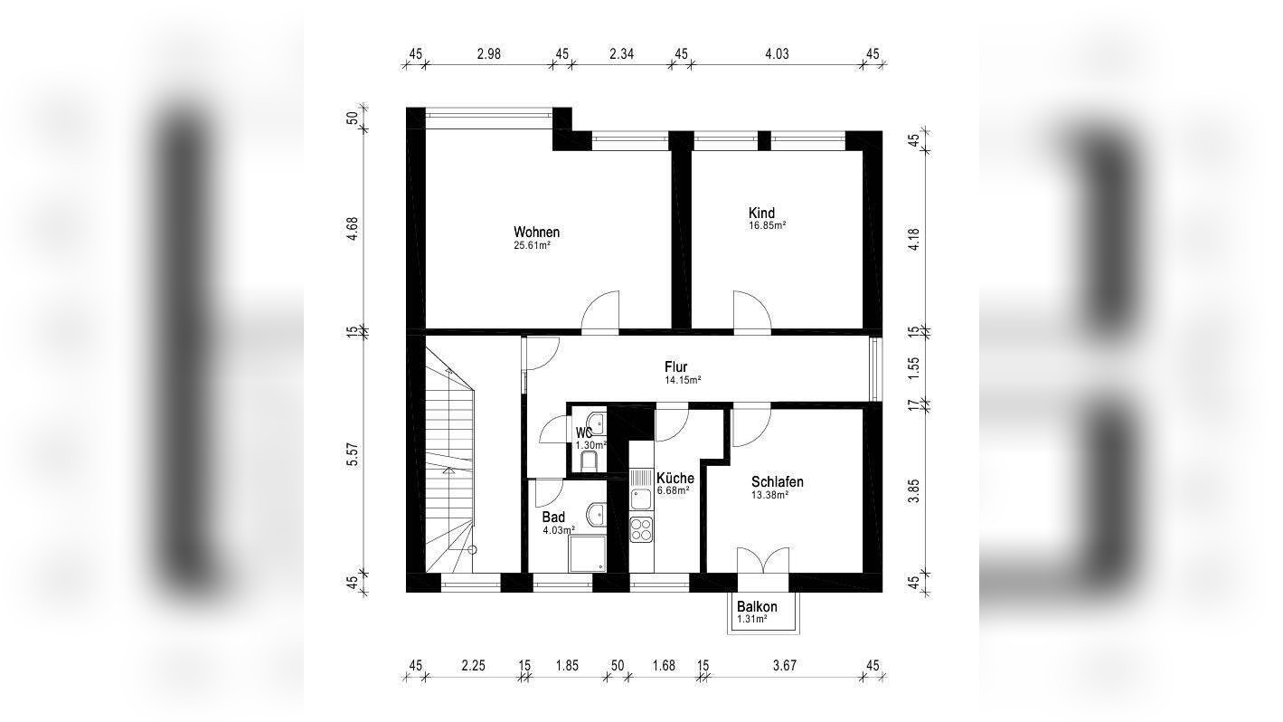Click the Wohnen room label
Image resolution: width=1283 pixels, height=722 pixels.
tap(537, 232)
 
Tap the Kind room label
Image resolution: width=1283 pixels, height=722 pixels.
tap(761, 213)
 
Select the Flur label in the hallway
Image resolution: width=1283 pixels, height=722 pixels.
tap(676, 366)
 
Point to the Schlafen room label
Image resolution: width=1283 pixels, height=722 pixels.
tap(778, 482)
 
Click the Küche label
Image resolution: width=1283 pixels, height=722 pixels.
tap(675, 478)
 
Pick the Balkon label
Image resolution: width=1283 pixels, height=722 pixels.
tap(757, 607)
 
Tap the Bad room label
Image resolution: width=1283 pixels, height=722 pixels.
tap(553, 518)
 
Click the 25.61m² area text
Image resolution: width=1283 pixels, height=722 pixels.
tap(533, 246)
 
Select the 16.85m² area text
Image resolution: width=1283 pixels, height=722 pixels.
tap(767, 226)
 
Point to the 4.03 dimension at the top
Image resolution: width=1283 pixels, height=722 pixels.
tap(777, 54)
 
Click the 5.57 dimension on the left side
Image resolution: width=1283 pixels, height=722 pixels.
tap(353, 455)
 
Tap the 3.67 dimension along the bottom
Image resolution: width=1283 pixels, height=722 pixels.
tap(784, 666)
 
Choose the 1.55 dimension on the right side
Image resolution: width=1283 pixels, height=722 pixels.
tap(914, 368)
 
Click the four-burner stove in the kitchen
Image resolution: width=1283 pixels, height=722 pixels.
tap(642, 529)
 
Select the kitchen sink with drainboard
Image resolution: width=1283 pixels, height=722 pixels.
tap(642, 489)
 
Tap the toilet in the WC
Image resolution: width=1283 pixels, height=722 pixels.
tap(589, 461)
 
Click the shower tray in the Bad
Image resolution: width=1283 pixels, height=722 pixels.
tap(587, 554)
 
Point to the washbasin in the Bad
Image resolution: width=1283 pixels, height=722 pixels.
tap(598, 514)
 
